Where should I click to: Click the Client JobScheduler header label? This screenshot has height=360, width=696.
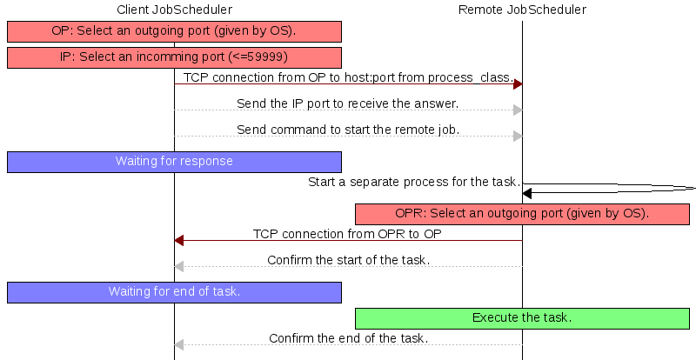[175, 10]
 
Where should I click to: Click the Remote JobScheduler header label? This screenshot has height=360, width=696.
[522, 10]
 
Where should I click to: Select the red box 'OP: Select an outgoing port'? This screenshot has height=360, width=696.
[174, 31]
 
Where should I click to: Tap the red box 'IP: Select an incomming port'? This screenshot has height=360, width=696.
[174, 57]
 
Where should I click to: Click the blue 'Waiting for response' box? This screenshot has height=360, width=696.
[174, 162]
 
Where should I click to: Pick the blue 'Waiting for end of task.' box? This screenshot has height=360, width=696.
[174, 292]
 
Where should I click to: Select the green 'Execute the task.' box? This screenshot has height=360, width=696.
[522, 318]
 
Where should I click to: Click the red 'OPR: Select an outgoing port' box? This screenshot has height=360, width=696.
[522, 214]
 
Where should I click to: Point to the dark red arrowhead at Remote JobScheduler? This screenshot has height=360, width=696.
[518, 83]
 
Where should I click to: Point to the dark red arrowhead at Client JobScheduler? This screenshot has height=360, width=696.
[179, 241]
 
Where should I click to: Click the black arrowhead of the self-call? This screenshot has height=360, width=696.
[527, 193]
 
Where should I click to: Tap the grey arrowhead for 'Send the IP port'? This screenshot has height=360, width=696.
[518, 110]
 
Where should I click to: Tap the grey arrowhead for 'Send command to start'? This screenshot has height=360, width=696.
[518, 137]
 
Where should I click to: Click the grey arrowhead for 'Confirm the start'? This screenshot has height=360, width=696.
[179, 267]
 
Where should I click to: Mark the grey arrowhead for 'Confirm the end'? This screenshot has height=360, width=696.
[179, 344]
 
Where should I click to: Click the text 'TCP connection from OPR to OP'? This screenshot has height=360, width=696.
[347, 234]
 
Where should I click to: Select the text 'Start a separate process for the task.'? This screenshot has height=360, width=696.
[414, 182]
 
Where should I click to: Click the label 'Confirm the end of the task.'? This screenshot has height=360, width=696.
[349, 338]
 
